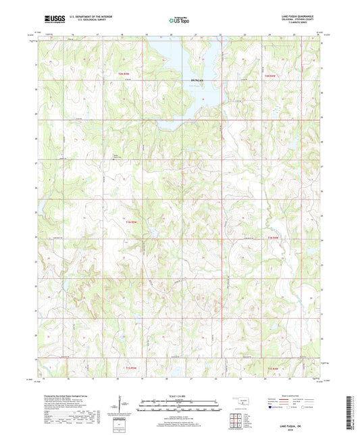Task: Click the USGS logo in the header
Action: coord(53,20)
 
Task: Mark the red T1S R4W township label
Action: coord(272,368)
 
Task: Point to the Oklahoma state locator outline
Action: coord(237,401)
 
